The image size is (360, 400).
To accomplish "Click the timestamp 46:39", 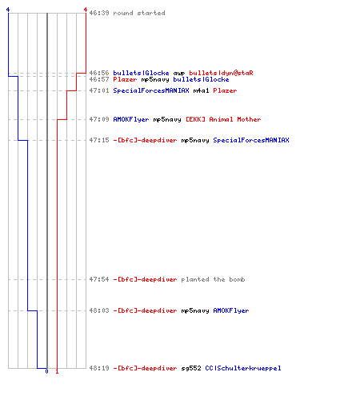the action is (x=99, y=13).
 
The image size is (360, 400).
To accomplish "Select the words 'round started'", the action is (x=139, y=13).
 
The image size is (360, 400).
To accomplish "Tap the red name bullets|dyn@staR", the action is (x=221, y=73).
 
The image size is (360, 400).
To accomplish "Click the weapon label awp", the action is (x=179, y=74).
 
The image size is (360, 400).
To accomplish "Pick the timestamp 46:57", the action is (x=99, y=79).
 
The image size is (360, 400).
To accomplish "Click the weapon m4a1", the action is (x=201, y=90).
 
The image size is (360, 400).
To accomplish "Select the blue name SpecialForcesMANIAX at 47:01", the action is (x=151, y=90).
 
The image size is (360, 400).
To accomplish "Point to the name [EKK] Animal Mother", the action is (x=223, y=119).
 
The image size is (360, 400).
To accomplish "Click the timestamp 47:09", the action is (x=99, y=119).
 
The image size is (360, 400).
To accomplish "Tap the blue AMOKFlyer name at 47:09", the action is (x=131, y=119).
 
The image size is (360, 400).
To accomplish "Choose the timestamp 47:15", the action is (x=99, y=140).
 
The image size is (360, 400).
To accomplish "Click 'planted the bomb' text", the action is (x=213, y=279).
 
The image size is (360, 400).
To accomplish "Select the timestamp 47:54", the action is (x=99, y=279).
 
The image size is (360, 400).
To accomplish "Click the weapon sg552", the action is (x=191, y=368).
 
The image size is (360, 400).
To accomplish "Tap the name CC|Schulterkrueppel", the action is (x=243, y=368).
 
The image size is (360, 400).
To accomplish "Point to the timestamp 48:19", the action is (x=99, y=368).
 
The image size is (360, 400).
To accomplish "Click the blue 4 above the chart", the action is (x=8, y=10).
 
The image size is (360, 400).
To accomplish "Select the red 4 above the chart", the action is (x=86, y=10).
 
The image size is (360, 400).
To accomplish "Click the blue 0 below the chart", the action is (x=46, y=371).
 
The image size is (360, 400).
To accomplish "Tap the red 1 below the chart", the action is (x=57, y=371).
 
